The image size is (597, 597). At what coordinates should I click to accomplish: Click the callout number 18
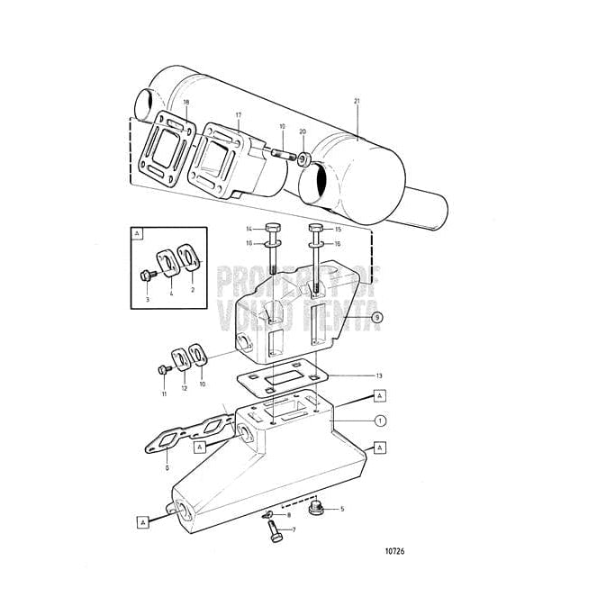point(185,104)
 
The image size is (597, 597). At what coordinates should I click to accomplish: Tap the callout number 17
point(238,114)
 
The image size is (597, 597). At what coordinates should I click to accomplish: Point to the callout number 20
point(303,131)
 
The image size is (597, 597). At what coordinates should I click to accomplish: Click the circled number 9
point(377,317)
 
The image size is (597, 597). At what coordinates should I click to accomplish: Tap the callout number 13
point(379,375)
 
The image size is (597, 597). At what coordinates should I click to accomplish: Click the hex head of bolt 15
point(314,227)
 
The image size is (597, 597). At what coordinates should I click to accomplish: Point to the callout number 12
point(184,387)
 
